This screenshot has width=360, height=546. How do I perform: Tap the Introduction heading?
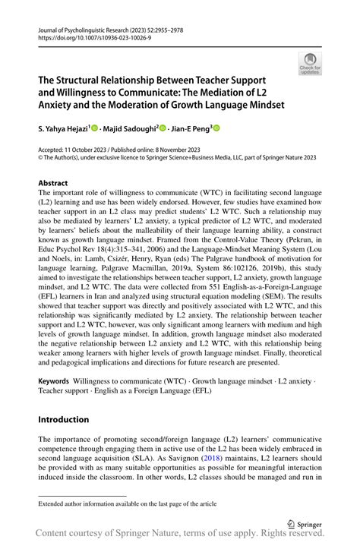[x=64, y=419]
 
